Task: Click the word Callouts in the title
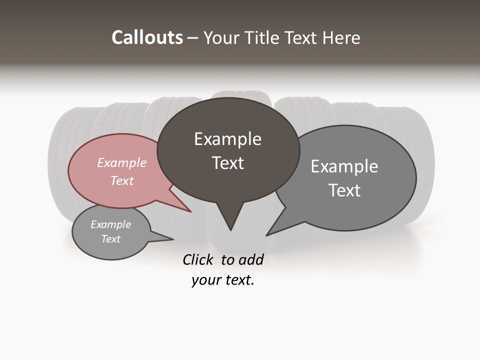(147, 37)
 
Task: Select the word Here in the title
(341, 37)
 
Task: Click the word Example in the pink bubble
(121, 162)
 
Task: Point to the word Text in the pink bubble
(121, 180)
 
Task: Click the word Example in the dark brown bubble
(227, 139)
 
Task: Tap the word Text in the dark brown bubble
(227, 163)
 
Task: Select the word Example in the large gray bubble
(344, 166)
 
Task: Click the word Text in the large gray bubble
(344, 190)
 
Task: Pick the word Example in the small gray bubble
(110, 224)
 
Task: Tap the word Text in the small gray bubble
(110, 239)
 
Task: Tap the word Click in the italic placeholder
(199, 259)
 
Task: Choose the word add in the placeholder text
(250, 259)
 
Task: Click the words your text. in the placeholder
(223, 280)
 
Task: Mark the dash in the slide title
(193, 38)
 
